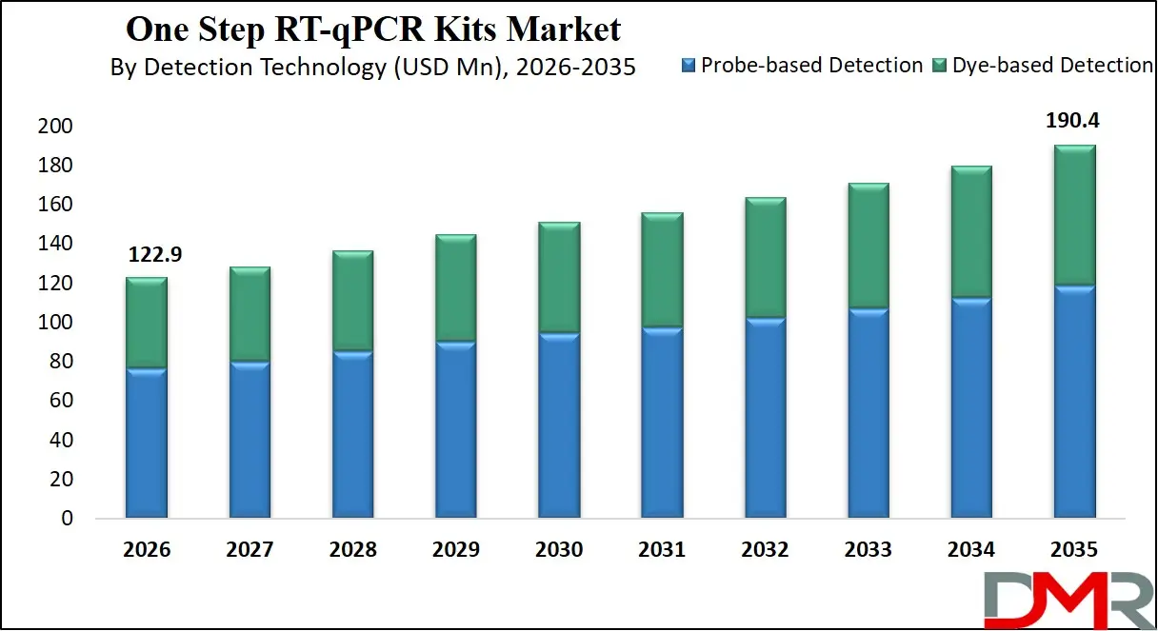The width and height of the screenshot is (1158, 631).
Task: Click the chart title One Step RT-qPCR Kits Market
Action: tap(373, 30)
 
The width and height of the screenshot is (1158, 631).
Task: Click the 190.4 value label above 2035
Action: tap(1074, 122)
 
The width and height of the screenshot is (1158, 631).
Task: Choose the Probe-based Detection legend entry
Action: tap(803, 66)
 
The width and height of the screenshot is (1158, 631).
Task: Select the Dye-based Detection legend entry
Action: tap(1044, 66)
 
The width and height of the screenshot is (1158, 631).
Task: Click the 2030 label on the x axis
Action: tap(559, 550)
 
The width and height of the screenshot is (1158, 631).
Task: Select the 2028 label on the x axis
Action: tap(352, 550)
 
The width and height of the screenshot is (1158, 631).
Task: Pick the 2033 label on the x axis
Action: tap(868, 550)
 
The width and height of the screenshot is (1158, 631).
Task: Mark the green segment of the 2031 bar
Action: tap(662, 270)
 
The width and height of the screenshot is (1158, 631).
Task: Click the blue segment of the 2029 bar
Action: tap(455, 429)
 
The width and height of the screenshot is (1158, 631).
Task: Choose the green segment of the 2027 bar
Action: tap(250, 314)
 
